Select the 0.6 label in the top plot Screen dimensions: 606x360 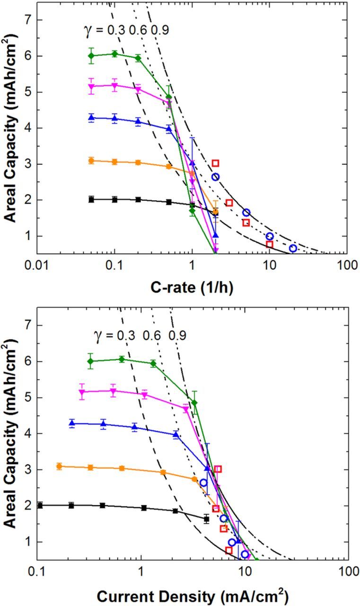pos(140,30)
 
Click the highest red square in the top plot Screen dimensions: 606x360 pos(215,163)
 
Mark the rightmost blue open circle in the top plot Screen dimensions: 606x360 pos(293,248)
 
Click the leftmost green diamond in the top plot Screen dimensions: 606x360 pos(91,55)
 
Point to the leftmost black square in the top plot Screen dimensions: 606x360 pos(91,199)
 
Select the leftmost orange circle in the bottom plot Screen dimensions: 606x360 pos(59,466)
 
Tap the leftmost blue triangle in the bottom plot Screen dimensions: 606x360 pos(72,423)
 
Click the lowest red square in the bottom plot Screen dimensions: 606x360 pos(228,550)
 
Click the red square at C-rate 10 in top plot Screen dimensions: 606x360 pos(269,244)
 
